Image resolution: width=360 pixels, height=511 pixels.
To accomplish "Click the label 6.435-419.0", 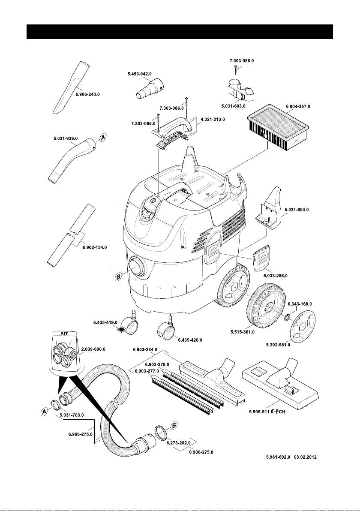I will (105, 322).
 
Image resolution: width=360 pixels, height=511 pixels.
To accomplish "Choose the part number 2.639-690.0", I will (93, 349).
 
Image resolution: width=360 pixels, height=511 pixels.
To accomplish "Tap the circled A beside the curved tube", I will (103, 138).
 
